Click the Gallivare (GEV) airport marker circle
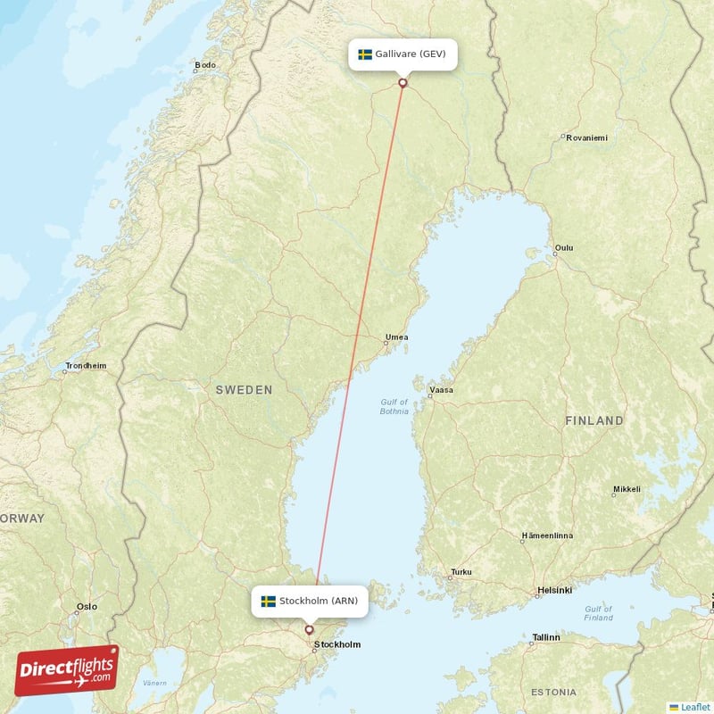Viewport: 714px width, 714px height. (403, 83)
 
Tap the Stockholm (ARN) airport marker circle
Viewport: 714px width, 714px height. (310, 630)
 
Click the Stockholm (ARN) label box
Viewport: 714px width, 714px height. (309, 602)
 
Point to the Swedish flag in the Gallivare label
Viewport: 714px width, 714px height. (365, 54)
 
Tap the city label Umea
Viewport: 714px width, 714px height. (396, 337)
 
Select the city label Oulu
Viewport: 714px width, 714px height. (564, 248)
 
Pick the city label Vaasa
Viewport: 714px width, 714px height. (441, 390)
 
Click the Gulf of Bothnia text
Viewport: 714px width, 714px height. (394, 407)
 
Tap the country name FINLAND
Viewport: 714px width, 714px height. (594, 420)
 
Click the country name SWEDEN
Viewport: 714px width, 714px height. (244, 390)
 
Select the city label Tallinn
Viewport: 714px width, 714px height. (545, 637)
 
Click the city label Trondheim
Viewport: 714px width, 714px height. (85, 366)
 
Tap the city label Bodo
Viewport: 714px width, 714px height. (205, 65)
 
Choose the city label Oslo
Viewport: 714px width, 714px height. (87, 607)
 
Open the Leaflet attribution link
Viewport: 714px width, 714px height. (695, 707)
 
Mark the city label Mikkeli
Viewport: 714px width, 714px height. (627, 490)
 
